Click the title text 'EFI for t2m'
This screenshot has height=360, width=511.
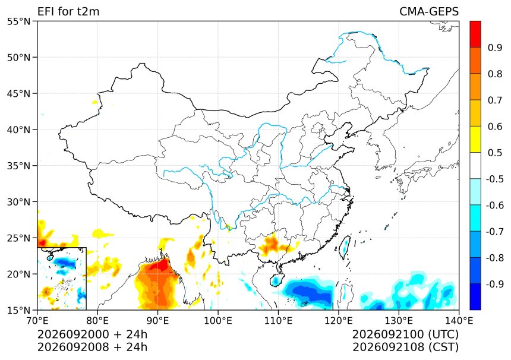[68, 11]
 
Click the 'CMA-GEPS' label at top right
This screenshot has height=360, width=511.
[429, 11]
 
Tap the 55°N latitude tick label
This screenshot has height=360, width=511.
[18, 21]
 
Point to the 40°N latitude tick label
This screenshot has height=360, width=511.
[18, 130]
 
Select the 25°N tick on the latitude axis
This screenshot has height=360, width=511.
[18, 238]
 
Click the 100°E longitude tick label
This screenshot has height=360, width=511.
[218, 321]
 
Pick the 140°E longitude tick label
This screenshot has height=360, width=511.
[459, 321]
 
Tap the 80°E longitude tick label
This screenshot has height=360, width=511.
[97, 321]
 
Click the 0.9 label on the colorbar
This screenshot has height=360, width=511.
[495, 48]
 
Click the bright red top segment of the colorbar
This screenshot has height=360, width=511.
[475, 34]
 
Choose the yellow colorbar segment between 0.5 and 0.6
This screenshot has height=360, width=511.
[475, 139]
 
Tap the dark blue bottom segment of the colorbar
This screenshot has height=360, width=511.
[475, 297]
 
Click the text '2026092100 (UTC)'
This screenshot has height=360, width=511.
[405, 334]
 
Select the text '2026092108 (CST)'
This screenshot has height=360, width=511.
[405, 348]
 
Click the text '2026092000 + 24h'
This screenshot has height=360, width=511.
[92, 334]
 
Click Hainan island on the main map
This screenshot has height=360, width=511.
[276, 280]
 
